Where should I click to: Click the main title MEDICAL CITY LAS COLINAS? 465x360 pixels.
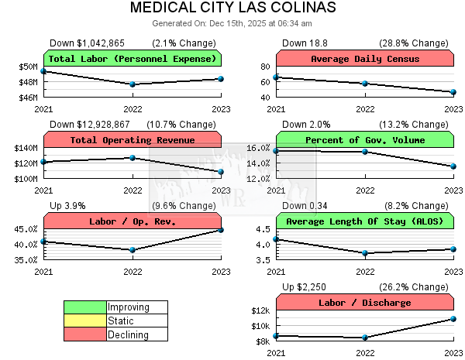tap(232, 9)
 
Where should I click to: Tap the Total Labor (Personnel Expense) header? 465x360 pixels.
tap(133, 59)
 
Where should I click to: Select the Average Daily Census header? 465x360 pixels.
tap(365, 59)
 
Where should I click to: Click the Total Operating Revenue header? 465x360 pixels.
tap(133, 140)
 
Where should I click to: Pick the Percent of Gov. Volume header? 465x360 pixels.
tap(365, 140)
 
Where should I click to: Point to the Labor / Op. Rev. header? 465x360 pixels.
tap(133, 221)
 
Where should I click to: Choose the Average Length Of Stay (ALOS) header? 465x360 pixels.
tap(365, 221)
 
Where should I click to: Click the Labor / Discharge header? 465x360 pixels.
tap(365, 303)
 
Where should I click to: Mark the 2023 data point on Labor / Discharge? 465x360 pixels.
tap(453, 319)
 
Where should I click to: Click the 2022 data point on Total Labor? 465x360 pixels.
tap(133, 84)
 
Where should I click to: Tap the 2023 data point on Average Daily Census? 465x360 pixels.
tap(453, 92)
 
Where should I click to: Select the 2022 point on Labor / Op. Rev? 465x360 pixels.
tap(133, 250)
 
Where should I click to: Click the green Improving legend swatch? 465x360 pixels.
tap(85, 307)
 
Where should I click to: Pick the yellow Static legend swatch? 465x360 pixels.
tap(85, 321)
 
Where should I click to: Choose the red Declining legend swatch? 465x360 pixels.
tap(85, 334)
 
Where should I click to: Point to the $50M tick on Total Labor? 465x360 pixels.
tap(29, 67)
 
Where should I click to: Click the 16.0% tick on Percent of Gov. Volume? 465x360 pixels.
tap(257, 148)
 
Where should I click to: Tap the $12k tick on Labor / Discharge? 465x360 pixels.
tap(259, 310)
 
